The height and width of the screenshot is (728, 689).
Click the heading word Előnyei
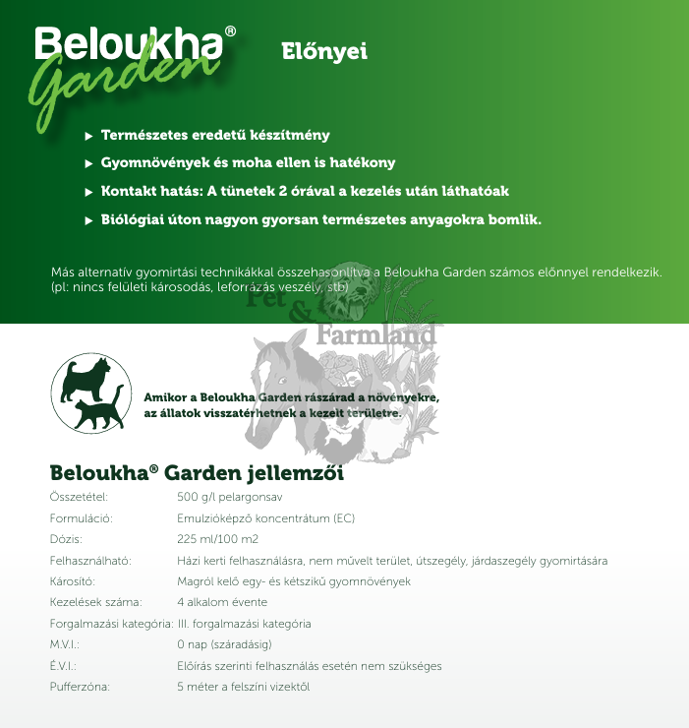[x=323, y=52]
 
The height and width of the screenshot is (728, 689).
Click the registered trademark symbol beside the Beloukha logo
[x=230, y=31]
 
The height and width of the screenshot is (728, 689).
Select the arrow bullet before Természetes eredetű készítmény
[x=89, y=135]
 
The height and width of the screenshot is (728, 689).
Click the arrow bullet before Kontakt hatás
[x=89, y=191]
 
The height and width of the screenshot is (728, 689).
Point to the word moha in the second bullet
[x=245, y=162]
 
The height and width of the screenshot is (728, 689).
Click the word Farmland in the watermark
[x=376, y=335]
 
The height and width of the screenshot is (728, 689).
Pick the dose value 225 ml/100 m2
[x=217, y=539]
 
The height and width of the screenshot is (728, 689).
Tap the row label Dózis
[x=66, y=539]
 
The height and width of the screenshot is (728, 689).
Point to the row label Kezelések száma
[x=95, y=602]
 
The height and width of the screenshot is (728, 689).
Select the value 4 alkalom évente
[x=222, y=602]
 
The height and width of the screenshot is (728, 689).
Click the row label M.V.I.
[x=64, y=644]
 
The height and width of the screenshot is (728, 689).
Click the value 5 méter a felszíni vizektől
[x=243, y=687]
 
